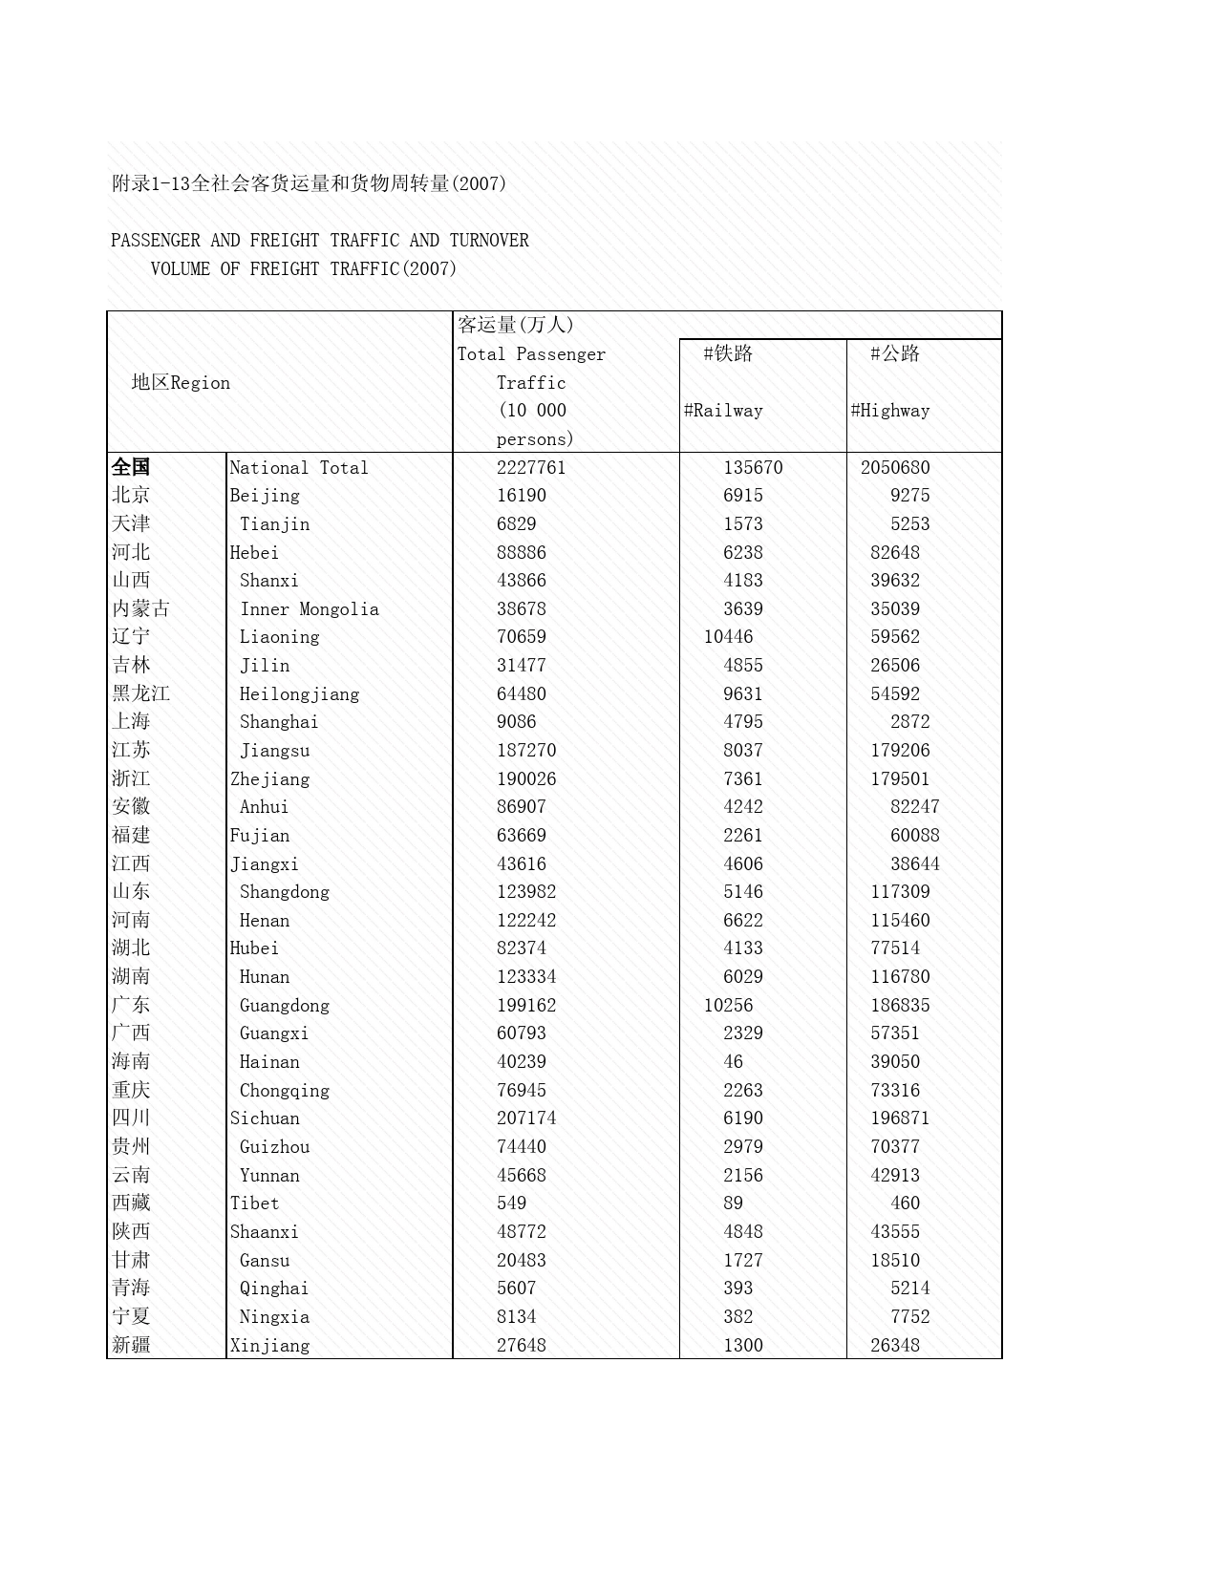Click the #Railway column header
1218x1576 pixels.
pyautogui.click(x=723, y=411)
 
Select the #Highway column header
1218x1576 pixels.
pyautogui.click(x=890, y=411)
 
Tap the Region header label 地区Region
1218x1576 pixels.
pyautogui.click(x=181, y=383)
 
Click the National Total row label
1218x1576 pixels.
pyautogui.click(x=298, y=468)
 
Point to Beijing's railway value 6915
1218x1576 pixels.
pyautogui.click(x=743, y=496)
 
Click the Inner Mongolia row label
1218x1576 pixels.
pyautogui.click(x=309, y=609)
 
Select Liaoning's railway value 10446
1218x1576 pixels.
pyautogui.click(x=728, y=637)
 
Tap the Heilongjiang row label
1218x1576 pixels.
pyautogui.click(x=299, y=694)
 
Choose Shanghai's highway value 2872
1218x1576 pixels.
pyautogui.click(x=909, y=722)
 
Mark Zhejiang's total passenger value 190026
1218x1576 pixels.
pyautogui.click(x=526, y=779)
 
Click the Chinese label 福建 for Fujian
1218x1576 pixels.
pyautogui.click(x=131, y=836)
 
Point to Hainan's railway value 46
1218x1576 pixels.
pyautogui.click(x=733, y=1062)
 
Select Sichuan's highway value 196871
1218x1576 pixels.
pyautogui.click(x=900, y=1118)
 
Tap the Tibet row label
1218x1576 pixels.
pyautogui.click(x=254, y=1203)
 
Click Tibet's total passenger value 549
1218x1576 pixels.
pyautogui.click(x=511, y=1203)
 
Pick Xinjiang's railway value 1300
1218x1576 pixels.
pyautogui.click(x=743, y=1346)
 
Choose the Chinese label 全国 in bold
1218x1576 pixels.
pyautogui.click(x=131, y=467)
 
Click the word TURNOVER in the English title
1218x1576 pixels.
pyautogui.click(x=489, y=241)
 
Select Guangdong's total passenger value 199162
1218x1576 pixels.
pyautogui.click(x=526, y=1006)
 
